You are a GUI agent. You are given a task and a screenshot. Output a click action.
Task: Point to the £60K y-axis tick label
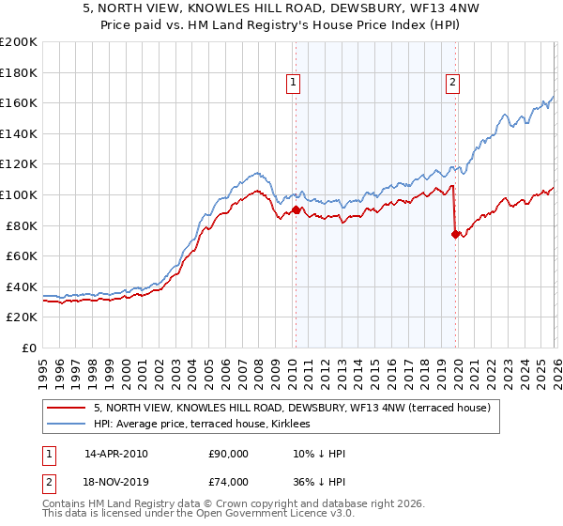coord(22,255)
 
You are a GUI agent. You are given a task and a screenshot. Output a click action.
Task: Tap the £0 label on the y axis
coord(28,348)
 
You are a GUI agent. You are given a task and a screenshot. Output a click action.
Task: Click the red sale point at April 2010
coord(296,210)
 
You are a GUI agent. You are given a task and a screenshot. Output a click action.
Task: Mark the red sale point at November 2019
coord(455,235)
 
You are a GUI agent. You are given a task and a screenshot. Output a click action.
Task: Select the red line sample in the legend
coord(68,408)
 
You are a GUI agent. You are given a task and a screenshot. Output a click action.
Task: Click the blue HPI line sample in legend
coord(68,425)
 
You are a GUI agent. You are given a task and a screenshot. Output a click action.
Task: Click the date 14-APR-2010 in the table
coord(115,454)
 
